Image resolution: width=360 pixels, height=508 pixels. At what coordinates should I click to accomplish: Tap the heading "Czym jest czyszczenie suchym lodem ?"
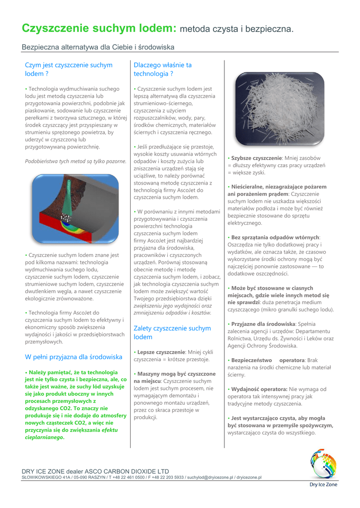[69, 69]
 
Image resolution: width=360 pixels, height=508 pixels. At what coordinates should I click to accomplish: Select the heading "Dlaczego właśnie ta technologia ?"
[162, 69]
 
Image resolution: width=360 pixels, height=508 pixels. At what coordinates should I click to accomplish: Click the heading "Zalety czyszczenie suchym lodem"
[172, 332]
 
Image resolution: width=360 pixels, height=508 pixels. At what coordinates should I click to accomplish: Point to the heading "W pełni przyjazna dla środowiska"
[73, 357]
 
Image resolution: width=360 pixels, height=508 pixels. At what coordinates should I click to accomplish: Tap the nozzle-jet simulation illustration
[75, 207]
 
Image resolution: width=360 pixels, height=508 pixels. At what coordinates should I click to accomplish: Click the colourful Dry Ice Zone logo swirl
[323, 464]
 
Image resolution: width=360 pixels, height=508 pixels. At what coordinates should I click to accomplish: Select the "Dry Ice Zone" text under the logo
[323, 485]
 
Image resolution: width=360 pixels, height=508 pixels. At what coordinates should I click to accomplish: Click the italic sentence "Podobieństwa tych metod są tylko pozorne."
[75, 161]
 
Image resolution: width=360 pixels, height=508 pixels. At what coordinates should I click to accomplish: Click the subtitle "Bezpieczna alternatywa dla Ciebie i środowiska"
[98, 47]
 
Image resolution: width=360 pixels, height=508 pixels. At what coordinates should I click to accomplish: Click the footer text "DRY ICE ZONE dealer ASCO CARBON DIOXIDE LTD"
[95, 471]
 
